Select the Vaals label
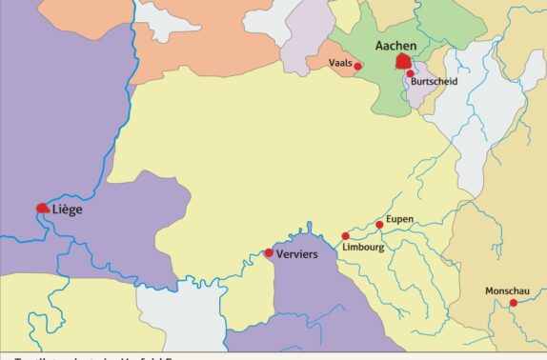(340, 64)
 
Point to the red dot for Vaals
(358, 66)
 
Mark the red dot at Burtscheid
(411, 73)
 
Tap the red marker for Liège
(43, 208)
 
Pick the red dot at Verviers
(269, 252)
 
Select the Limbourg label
(362, 247)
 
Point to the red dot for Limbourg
(346, 235)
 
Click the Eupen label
(399, 219)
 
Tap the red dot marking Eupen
(379, 225)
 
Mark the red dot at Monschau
(514, 303)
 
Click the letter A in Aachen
(381, 45)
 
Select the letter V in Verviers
(279, 254)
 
